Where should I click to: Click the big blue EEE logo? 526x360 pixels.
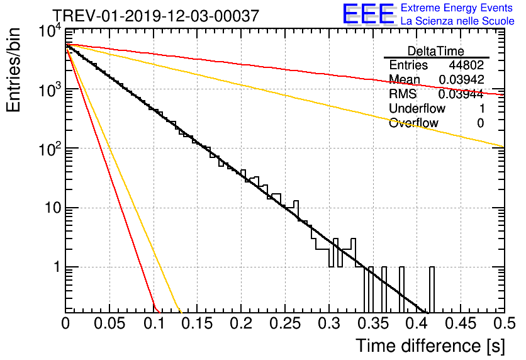point(367,14)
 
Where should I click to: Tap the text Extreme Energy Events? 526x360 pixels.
point(457,8)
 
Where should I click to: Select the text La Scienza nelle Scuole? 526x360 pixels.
point(457,21)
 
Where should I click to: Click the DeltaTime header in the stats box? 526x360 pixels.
point(436,51)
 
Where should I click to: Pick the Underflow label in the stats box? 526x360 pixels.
point(417,109)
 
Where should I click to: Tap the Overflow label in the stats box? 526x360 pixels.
point(413,123)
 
